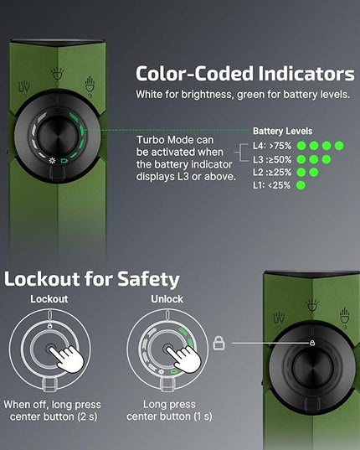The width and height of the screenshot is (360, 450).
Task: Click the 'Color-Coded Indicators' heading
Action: point(245,74)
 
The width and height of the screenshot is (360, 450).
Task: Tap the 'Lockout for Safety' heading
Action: point(92,279)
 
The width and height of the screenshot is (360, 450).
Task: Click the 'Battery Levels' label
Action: point(282,132)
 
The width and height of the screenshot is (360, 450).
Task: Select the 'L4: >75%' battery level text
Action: point(272,146)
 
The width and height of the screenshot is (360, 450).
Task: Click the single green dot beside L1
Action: point(301,185)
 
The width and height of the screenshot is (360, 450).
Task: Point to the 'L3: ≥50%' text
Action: point(272,159)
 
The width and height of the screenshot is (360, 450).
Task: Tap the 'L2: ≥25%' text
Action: point(272,172)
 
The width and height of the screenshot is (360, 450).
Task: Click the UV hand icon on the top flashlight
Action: point(24,87)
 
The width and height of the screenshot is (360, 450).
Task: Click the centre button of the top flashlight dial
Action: point(58,136)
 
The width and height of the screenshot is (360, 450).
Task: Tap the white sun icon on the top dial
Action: point(52,160)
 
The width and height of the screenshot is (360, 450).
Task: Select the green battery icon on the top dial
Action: point(64,161)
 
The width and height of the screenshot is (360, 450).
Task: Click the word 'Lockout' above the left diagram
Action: point(49,299)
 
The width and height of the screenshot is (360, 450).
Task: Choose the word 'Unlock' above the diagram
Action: point(167,299)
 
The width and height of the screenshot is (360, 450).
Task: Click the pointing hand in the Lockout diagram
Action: point(67,357)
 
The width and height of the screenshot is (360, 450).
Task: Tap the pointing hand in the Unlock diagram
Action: point(185,357)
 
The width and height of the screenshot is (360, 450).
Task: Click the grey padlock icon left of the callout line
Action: point(219,344)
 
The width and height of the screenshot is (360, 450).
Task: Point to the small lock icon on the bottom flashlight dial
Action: point(312,343)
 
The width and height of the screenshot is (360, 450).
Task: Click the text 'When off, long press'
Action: point(53,405)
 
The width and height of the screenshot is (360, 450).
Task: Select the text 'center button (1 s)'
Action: point(169,416)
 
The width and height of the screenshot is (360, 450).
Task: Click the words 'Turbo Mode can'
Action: point(175,140)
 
